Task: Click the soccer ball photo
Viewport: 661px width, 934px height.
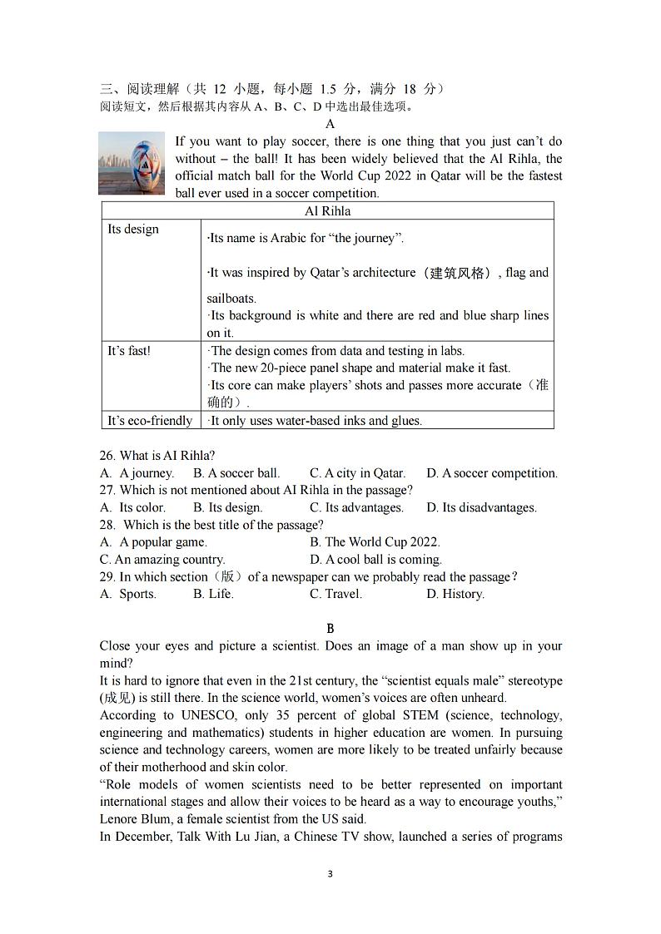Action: (132, 163)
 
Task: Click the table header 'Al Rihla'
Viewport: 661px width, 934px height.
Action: (327, 211)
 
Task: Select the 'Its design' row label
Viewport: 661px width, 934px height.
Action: (133, 230)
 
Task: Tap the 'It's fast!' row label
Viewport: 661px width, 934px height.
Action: (129, 351)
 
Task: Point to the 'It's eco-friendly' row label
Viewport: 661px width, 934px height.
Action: (150, 421)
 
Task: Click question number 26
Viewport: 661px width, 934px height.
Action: (107, 456)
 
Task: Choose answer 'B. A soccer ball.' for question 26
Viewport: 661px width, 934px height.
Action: (236, 473)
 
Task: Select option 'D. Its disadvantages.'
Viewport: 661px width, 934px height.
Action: (481, 507)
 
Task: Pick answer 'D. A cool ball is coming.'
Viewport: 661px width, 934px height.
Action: (375, 560)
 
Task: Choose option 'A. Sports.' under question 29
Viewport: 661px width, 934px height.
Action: (128, 594)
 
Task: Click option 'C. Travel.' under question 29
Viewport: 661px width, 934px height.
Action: (335, 594)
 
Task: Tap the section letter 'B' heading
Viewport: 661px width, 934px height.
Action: (330, 629)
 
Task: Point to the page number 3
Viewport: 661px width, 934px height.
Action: (330, 874)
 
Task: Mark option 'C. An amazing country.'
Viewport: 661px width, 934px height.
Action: (162, 560)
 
